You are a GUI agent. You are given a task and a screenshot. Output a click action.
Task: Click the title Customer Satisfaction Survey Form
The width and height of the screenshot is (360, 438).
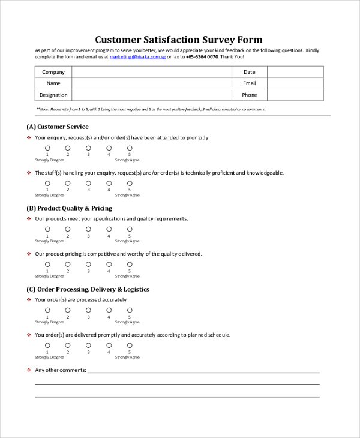pyautogui.click(x=178, y=40)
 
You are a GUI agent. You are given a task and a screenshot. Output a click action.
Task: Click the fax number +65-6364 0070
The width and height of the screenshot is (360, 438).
pyautogui.click(x=202, y=57)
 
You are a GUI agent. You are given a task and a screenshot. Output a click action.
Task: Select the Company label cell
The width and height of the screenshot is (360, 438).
pyautogui.click(x=53, y=72)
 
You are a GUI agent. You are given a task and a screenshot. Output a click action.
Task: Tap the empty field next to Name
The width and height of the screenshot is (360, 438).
pyautogui.click(x=151, y=83)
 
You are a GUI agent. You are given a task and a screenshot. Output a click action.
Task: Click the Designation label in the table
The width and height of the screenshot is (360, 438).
pyautogui.click(x=53, y=95)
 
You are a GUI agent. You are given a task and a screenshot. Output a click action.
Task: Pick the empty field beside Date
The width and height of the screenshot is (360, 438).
pyautogui.click(x=295, y=72)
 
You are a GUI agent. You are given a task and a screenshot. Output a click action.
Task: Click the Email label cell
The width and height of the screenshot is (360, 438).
pyautogui.click(x=249, y=83)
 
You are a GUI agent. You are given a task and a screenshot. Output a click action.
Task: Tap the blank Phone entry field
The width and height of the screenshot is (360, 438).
pyautogui.click(x=295, y=95)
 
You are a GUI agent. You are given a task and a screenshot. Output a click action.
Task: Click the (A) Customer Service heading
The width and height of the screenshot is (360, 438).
pyautogui.click(x=58, y=127)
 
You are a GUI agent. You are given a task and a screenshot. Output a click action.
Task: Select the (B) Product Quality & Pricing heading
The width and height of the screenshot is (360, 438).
pyautogui.click(x=69, y=208)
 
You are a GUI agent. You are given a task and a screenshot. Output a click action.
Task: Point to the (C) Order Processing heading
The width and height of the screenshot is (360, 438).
pyautogui.click(x=88, y=289)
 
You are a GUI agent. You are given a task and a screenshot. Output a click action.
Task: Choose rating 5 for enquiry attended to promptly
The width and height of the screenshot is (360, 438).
pyautogui.click(x=130, y=148)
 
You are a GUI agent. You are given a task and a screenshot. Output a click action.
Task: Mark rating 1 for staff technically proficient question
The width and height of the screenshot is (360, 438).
pyautogui.click(x=47, y=183)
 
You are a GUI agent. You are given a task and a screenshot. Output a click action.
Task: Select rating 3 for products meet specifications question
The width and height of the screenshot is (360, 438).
pyautogui.click(x=88, y=229)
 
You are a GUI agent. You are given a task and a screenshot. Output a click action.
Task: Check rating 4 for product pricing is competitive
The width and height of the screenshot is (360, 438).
pyautogui.click(x=109, y=264)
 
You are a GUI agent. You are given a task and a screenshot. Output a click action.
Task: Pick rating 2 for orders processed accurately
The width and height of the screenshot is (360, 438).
pyautogui.click(x=68, y=310)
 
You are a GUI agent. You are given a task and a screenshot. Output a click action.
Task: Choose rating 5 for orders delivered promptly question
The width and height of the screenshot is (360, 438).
pyautogui.click(x=130, y=345)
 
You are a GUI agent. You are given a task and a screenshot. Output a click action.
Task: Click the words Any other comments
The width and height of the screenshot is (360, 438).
pyautogui.click(x=61, y=370)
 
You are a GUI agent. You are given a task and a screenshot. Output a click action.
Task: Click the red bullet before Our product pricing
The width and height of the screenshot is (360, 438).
pyautogui.click(x=29, y=254)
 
